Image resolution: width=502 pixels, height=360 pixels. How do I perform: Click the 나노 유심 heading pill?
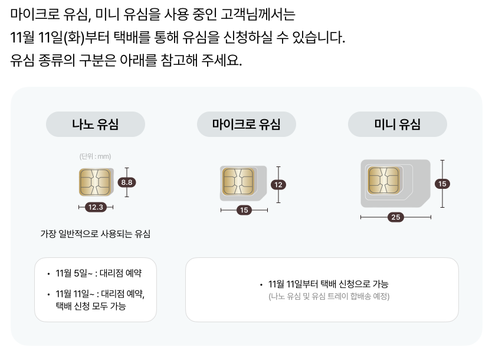(96, 125)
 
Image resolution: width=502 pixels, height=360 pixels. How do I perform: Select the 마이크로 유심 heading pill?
(246, 125)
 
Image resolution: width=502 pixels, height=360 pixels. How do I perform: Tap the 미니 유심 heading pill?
(397, 125)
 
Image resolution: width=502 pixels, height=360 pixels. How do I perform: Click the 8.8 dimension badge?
(126, 182)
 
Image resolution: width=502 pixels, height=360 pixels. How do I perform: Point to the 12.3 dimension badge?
(96, 207)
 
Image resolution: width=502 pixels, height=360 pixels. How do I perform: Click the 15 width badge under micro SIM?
(244, 210)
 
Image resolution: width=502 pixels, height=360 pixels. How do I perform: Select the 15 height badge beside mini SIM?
(442, 184)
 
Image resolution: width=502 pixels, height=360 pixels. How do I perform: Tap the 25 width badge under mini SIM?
(396, 217)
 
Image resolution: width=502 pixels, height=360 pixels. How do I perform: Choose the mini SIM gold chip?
(383, 179)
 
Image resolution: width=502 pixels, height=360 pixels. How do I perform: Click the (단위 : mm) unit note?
(95, 156)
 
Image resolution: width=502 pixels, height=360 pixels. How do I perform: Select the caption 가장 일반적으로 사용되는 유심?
(95, 234)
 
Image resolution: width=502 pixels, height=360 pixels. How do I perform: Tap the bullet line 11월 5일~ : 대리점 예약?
(99, 273)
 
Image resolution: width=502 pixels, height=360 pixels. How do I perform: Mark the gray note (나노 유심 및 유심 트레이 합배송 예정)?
(329, 296)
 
